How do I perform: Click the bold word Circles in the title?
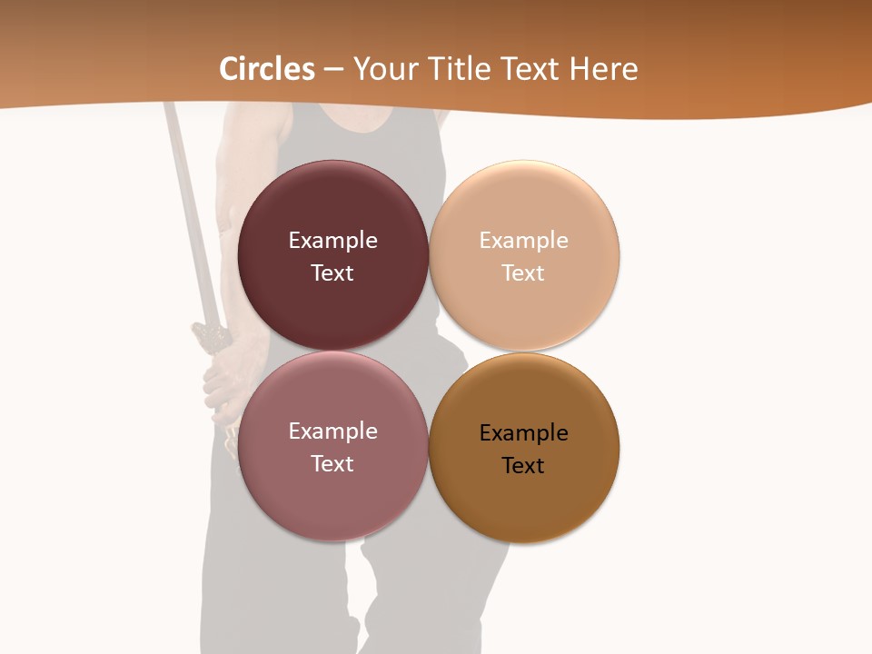point(267,69)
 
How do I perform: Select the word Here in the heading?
point(603,69)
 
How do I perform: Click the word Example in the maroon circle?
point(332,241)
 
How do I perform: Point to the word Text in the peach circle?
point(523,273)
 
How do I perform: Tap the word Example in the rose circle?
point(332,431)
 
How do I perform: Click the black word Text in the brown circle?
point(523,466)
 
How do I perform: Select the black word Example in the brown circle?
point(524,433)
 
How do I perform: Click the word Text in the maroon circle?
point(332,273)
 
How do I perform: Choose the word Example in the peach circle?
point(524,241)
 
